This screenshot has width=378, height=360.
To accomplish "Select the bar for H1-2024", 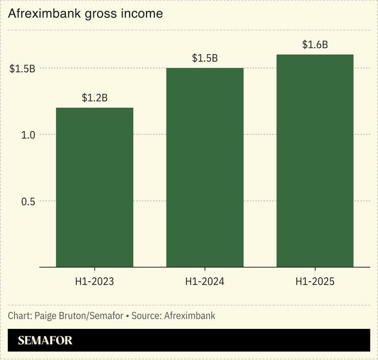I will (x=205, y=167).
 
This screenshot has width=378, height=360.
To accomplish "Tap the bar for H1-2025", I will (x=315, y=160).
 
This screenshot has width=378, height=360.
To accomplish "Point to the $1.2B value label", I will (x=94, y=98).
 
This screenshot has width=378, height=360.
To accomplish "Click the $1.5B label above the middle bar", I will (x=205, y=58).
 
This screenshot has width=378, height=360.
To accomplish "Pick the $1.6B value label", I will (x=315, y=45).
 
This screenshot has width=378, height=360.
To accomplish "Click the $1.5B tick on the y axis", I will (x=22, y=68).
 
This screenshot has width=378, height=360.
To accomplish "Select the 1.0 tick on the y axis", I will (x=28, y=135).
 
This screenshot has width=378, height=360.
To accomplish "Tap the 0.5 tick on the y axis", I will (x=28, y=201).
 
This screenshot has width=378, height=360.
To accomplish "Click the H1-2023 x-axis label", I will (x=94, y=281).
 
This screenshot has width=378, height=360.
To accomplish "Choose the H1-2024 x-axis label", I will (x=205, y=281).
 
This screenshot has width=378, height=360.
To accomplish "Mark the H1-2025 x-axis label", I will (x=315, y=281).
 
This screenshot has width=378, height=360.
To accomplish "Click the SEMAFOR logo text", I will (x=45, y=341).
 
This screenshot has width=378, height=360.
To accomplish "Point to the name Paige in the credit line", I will (x=46, y=316).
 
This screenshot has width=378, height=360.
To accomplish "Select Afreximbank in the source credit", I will (x=190, y=316).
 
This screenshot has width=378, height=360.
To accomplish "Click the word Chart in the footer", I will (x=19, y=316).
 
